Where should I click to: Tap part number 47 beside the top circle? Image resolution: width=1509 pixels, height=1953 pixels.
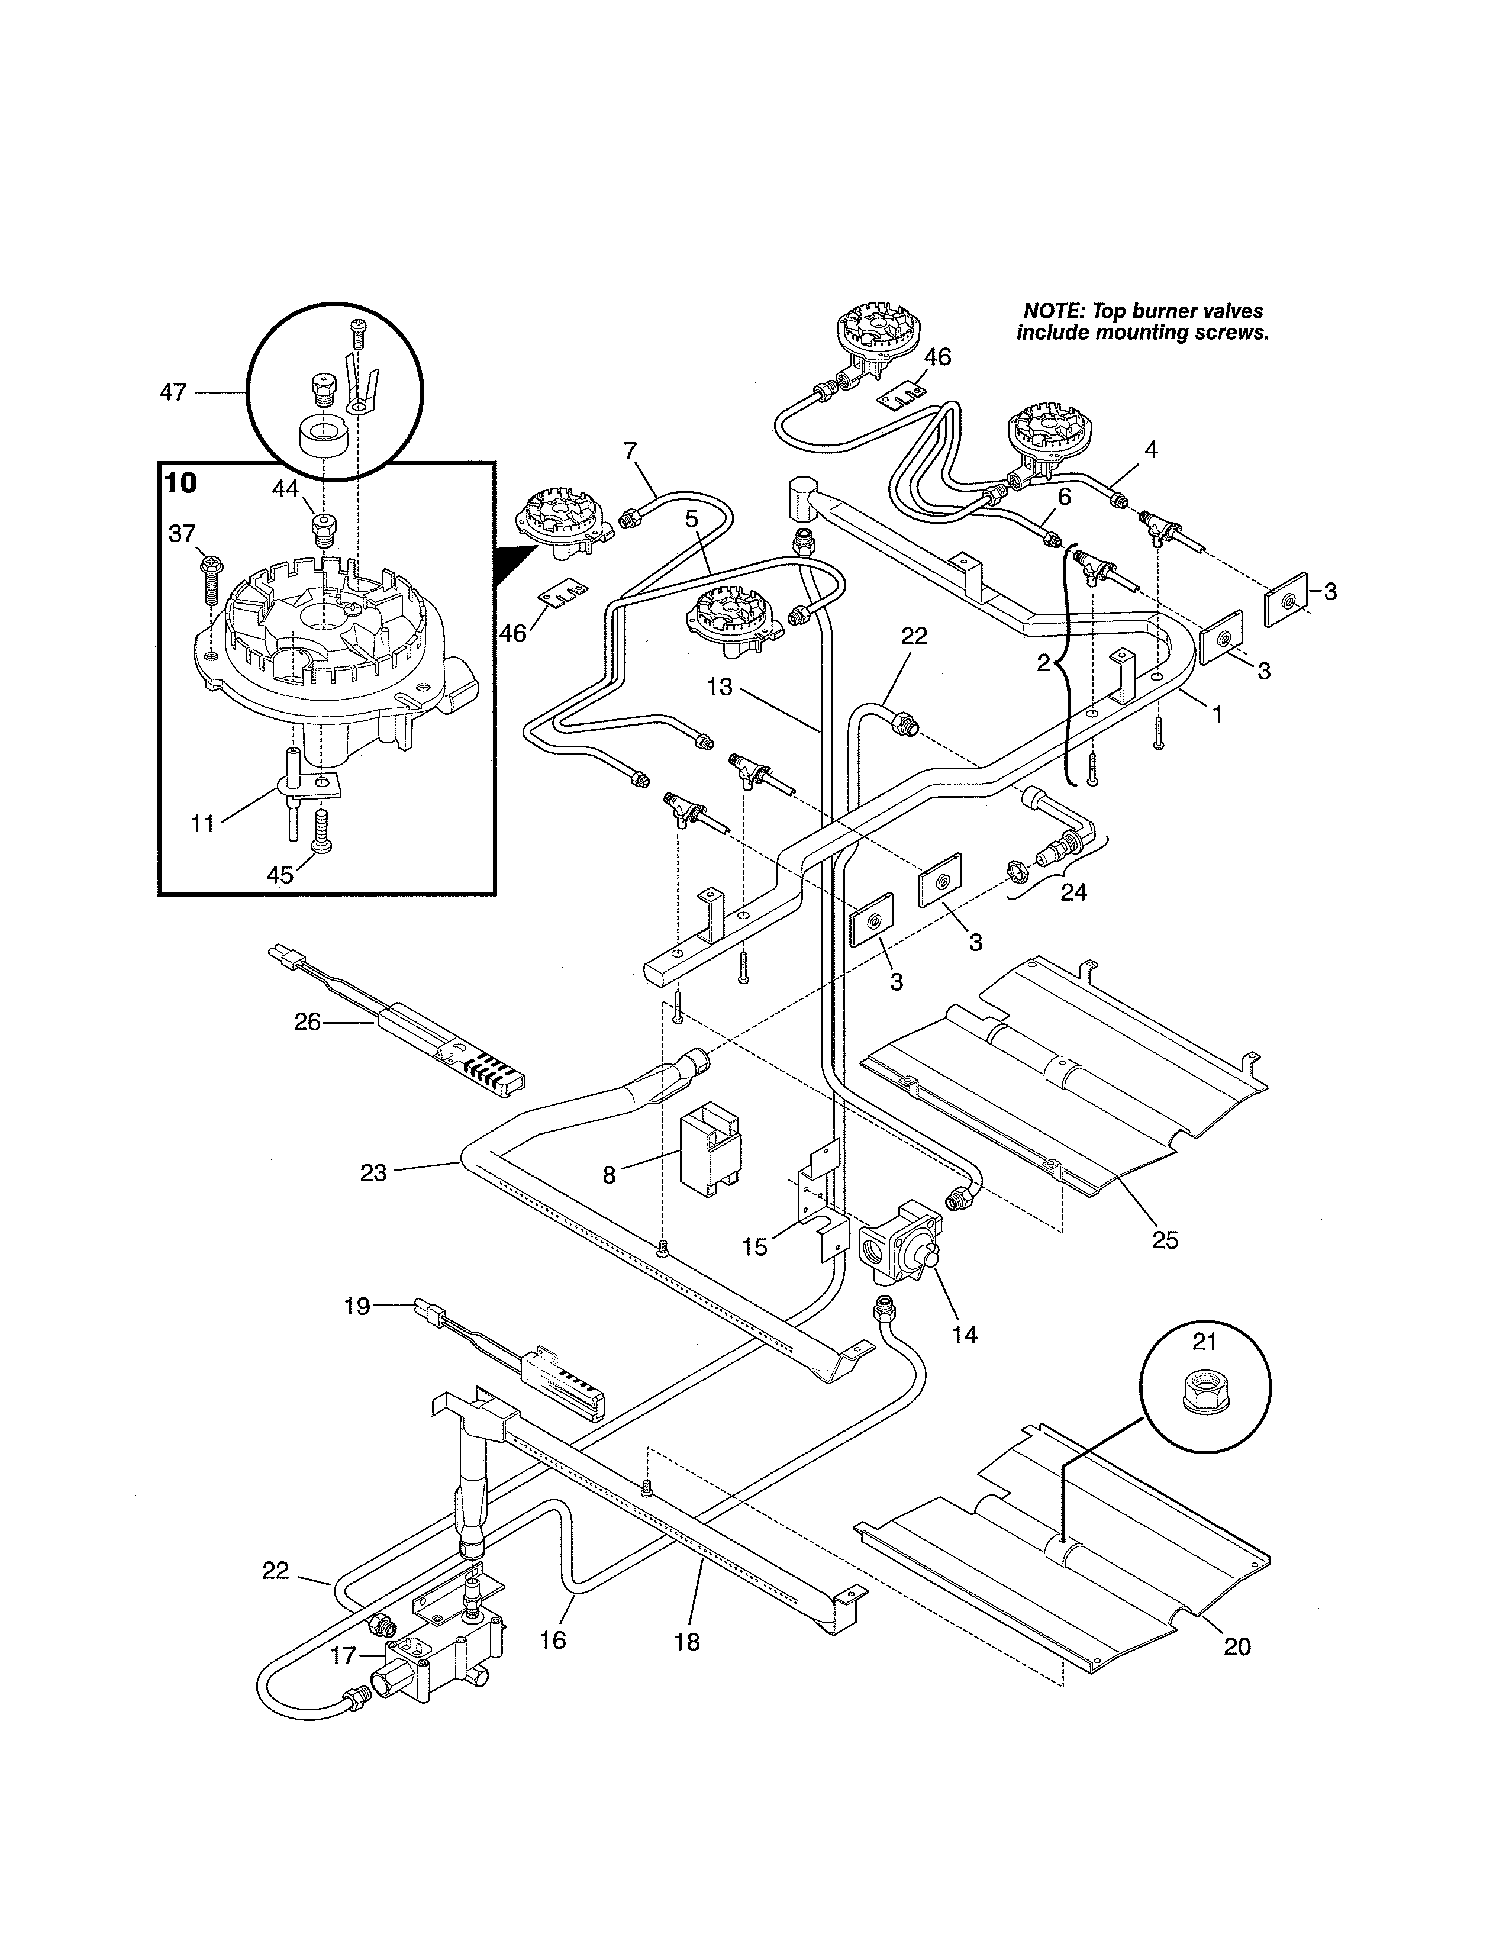point(173,392)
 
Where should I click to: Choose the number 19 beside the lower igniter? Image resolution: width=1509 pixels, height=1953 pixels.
point(357,1307)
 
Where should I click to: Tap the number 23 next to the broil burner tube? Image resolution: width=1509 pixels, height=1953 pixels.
point(373,1172)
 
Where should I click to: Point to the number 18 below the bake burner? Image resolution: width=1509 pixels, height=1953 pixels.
point(686,1642)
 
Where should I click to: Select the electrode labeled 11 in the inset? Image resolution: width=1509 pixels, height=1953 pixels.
point(291,787)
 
